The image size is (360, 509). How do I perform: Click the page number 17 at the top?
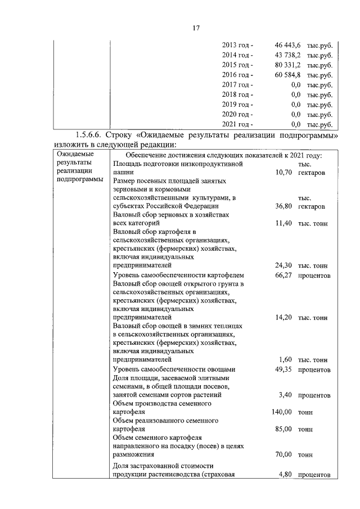pos(181,28)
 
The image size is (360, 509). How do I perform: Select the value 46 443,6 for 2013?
pos(288,45)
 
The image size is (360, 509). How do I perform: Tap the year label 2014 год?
pos(237,55)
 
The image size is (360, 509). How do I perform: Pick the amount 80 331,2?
pos(288,65)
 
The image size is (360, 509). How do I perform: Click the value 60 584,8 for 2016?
pos(288,75)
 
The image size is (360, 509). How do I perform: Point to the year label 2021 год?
pos(237,124)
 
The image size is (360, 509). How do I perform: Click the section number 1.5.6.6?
pos(91,136)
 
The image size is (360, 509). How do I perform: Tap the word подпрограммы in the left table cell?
pos(80,180)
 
